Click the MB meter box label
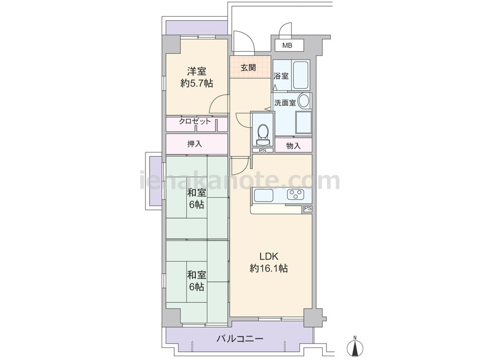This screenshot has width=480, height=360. [x=287, y=46]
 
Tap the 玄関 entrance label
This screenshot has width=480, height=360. [x=248, y=67]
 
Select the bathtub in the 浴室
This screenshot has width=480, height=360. [x=300, y=75]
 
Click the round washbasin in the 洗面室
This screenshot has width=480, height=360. [x=304, y=101]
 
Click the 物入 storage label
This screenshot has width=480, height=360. [x=293, y=146]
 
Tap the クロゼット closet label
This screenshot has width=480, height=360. [x=195, y=121]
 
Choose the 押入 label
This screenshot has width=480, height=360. [x=195, y=144]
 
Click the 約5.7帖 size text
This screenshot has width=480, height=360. [x=196, y=83]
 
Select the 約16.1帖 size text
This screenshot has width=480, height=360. [x=269, y=268]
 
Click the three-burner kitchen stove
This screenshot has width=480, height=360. [x=295, y=194]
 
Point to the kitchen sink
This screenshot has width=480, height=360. [x=263, y=195]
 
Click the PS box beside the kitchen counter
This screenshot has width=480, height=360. [x=308, y=208]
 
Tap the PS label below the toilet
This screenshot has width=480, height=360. [x=263, y=150]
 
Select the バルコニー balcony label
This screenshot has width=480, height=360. [x=240, y=338]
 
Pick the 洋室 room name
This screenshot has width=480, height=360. [x=196, y=72]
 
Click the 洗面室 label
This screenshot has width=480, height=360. [x=285, y=103]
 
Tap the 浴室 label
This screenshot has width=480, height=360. [x=281, y=76]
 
